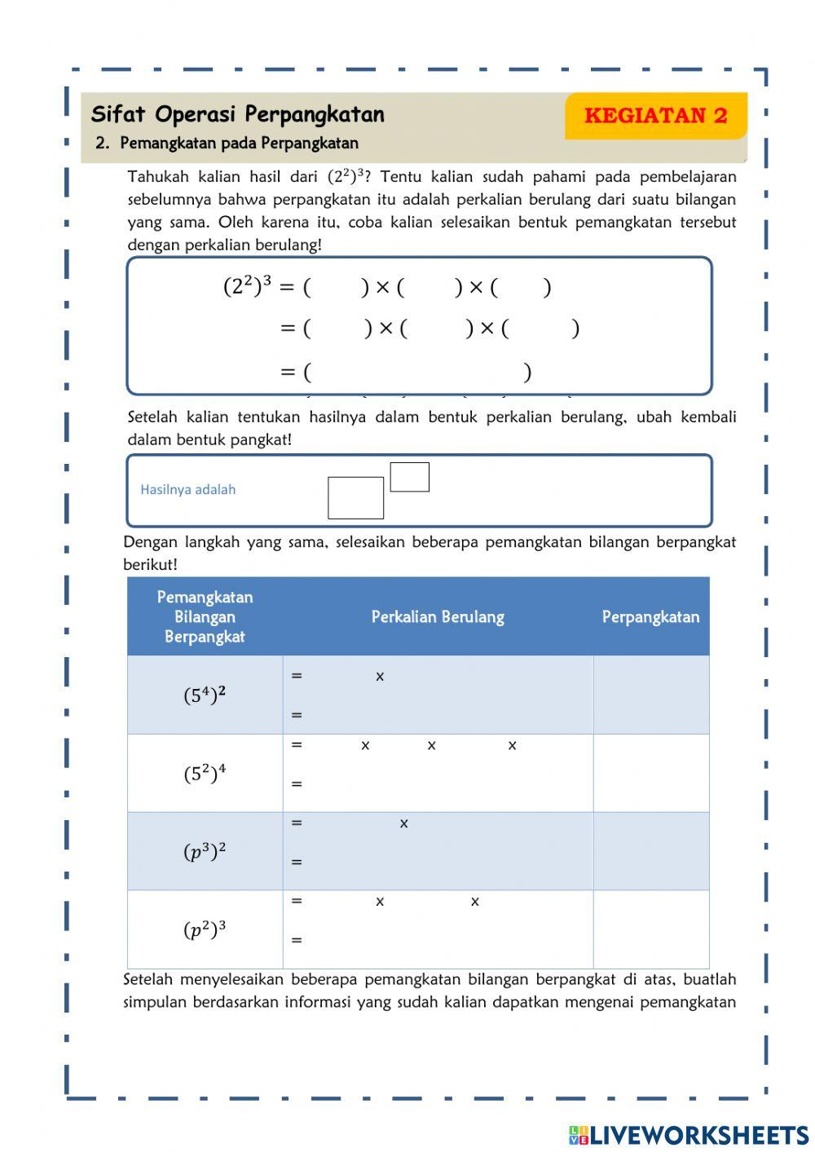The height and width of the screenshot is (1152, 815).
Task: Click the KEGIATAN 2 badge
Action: [655, 116]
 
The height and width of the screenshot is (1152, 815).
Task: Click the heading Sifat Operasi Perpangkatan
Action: [237, 114]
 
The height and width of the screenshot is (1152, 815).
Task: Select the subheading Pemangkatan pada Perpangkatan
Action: [238, 143]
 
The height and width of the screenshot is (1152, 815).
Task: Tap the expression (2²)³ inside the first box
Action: [247, 286]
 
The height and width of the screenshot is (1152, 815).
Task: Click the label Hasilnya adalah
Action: [187, 490]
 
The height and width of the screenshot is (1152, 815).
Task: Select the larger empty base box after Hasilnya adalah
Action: [355, 498]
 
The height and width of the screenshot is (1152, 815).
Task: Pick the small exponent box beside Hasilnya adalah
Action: [409, 477]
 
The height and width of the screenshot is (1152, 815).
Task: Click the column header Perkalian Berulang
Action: [438, 617]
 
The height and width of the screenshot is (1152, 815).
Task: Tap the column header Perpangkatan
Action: [650, 617]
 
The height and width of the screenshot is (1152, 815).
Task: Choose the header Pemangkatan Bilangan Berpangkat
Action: [205, 617]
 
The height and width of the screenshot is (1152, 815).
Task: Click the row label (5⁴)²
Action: [205, 695]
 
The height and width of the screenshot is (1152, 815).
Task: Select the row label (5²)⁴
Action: [205, 773]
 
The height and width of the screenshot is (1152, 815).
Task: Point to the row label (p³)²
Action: [205, 851]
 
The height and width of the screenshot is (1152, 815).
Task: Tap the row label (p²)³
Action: [205, 929]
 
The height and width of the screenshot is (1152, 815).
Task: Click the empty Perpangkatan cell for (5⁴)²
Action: [650, 695]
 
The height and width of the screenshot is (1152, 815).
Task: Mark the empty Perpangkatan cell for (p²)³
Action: [650, 929]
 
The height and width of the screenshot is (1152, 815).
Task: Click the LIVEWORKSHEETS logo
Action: [689, 1134]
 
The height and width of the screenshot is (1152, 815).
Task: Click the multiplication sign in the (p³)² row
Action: [403, 824]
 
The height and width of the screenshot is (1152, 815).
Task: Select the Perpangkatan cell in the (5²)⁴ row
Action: [650, 773]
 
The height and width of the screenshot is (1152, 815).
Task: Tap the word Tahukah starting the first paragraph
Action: [158, 177]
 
